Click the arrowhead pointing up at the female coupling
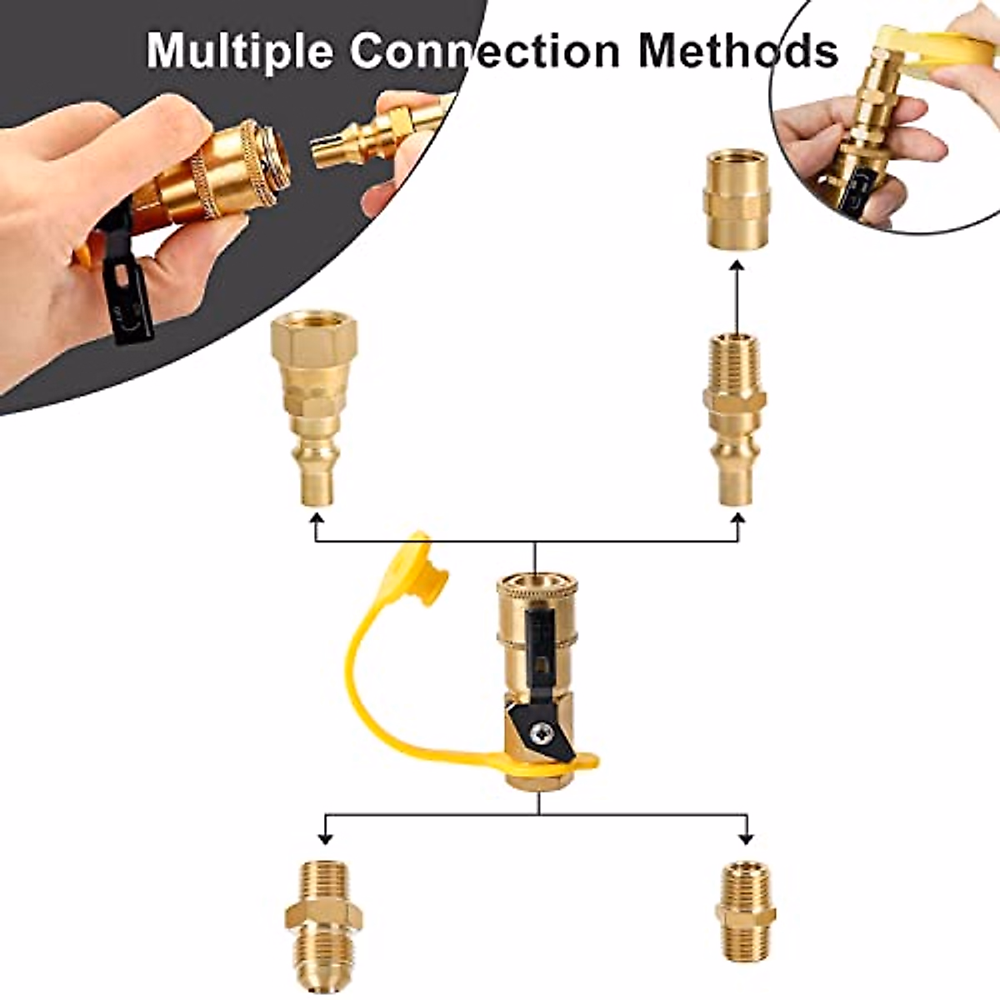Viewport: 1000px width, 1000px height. coord(737,267)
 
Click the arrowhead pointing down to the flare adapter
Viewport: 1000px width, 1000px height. coord(326,836)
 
